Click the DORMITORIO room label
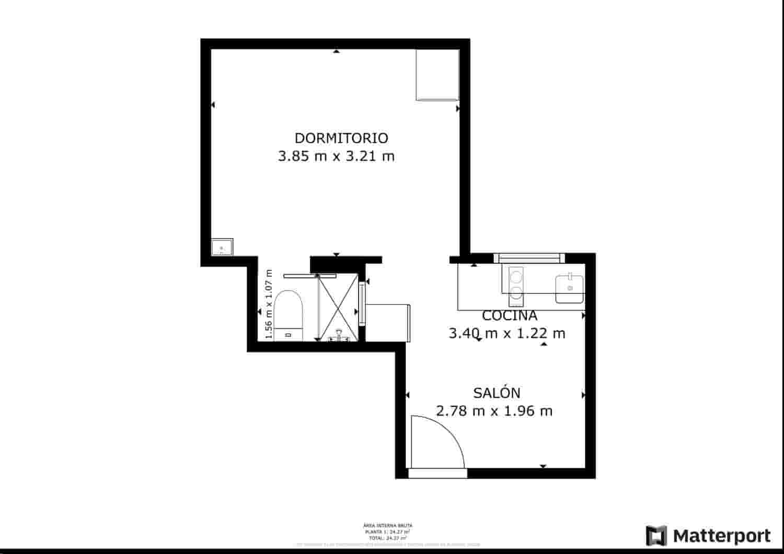tap(341, 138)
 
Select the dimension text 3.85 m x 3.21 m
tap(336, 156)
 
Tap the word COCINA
tap(509, 315)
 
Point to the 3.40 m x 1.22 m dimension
tap(507, 333)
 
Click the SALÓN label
tap(497, 393)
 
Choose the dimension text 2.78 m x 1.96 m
tap(494, 411)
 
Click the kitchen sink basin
tap(570, 288)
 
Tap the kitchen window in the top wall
tap(529, 257)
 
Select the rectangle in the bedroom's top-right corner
tap(437, 75)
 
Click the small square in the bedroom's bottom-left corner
tap(222, 246)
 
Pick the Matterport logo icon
tap(656, 536)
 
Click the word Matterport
tap(721, 536)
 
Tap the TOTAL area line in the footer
tap(387, 537)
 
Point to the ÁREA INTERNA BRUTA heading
tap(387, 526)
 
